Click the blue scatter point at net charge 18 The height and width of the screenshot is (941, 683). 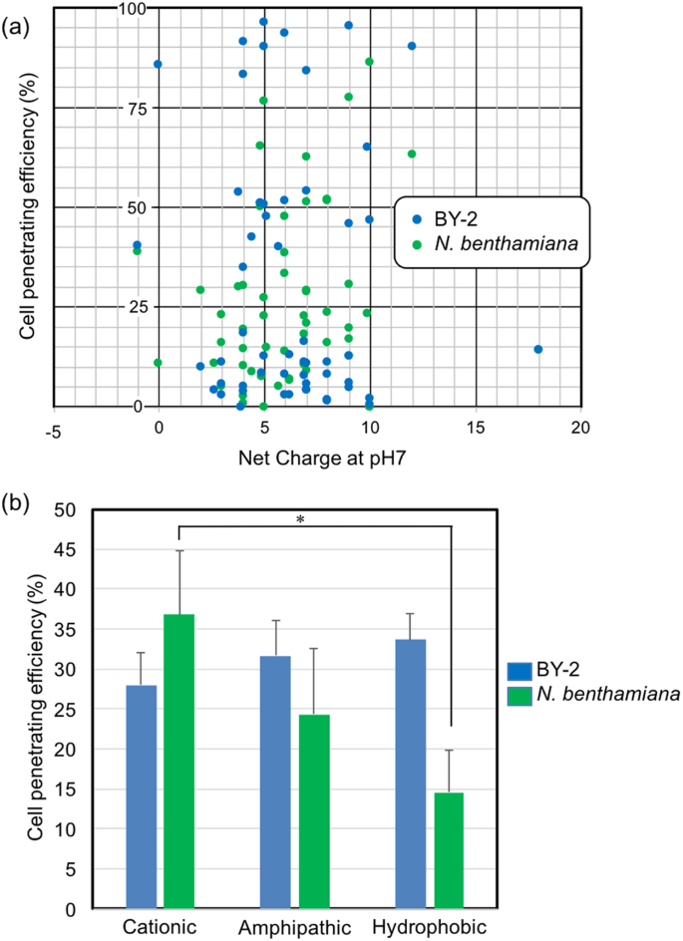tap(537, 349)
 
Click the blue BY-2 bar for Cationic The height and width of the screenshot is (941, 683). tap(142, 796)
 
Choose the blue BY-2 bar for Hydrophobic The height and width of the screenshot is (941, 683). tap(411, 774)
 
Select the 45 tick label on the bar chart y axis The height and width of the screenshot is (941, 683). tap(69, 549)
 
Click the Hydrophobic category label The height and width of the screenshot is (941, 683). tap(430, 927)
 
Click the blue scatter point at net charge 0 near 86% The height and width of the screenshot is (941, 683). tap(158, 64)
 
